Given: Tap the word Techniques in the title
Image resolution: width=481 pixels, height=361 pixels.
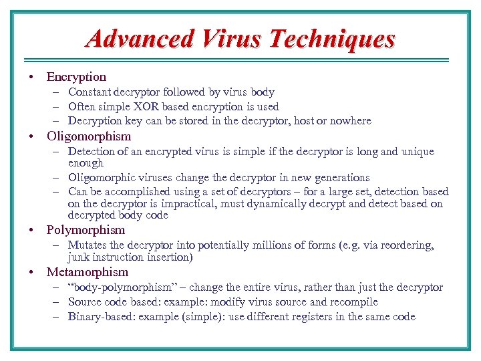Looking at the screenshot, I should [x=331, y=39].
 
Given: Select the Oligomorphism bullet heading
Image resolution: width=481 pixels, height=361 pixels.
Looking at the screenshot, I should [x=89, y=136].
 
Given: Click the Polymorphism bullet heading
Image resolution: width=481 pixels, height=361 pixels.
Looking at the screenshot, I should [x=86, y=230].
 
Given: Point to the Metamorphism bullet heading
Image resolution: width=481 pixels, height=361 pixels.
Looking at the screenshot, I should [x=88, y=272].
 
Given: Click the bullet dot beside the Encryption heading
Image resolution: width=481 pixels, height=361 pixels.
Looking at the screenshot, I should [x=31, y=78].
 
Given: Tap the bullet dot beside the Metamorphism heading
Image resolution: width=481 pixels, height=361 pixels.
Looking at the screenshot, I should [x=31, y=273].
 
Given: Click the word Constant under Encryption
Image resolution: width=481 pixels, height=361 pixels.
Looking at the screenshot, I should [x=90, y=92].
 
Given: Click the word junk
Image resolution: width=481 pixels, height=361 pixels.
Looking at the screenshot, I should [x=78, y=257].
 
